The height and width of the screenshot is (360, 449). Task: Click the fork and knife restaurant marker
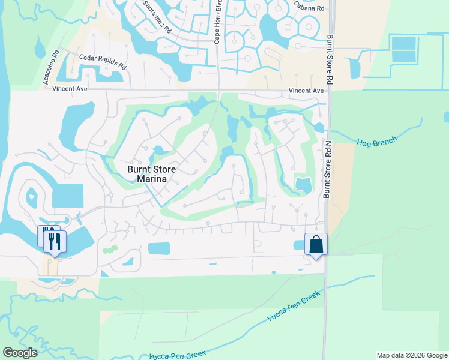click(55, 241)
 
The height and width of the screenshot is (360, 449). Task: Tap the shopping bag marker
click(316, 244)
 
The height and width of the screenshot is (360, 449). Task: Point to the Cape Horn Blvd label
click(219, 22)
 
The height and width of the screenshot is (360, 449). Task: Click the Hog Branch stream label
click(377, 142)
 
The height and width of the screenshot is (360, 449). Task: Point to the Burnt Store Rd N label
click(328, 169)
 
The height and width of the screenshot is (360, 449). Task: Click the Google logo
click(20, 353)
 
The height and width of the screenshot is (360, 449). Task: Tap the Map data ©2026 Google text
click(411, 355)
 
